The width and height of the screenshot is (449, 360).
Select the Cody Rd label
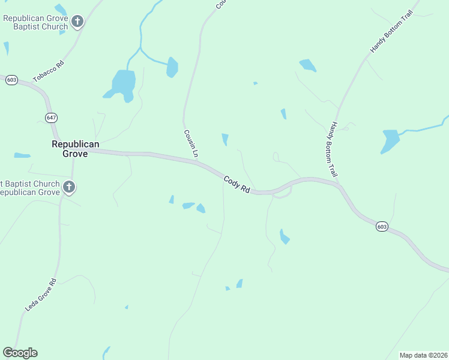[237, 184]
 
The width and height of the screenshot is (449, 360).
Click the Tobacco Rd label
[49, 71]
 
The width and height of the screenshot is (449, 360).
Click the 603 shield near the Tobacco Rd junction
[11, 80]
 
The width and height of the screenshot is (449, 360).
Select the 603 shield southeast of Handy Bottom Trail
[382, 226]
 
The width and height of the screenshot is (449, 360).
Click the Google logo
[20, 353]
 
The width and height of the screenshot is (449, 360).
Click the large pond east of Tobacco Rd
[123, 83]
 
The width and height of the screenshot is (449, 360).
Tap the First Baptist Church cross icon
[69, 188]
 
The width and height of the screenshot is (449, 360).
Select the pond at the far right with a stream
[390, 140]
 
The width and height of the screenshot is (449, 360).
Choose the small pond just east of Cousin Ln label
[225, 139]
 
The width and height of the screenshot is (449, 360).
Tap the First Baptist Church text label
[30, 188]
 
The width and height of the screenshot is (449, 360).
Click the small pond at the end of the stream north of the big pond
[172, 67]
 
